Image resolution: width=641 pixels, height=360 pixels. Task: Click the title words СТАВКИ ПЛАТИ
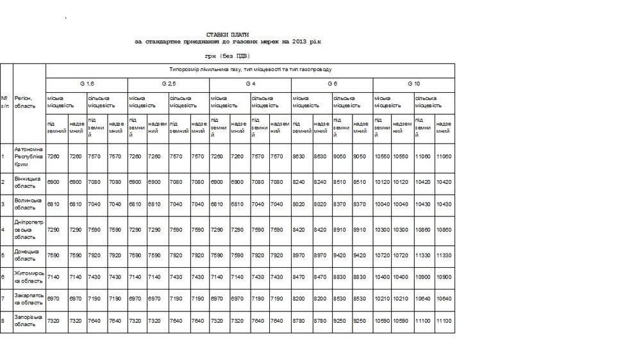(x=228, y=34)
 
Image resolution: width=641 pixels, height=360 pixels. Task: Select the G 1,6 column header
(x=87, y=85)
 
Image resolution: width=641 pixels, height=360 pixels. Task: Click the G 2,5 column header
(x=169, y=85)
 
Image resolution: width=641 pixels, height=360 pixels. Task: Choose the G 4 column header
(x=251, y=85)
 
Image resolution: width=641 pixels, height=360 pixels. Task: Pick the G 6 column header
(x=332, y=85)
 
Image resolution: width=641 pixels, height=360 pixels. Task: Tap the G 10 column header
(x=413, y=85)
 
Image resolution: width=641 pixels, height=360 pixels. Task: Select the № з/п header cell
(x=6, y=102)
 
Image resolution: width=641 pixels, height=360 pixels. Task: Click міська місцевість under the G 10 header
(x=388, y=102)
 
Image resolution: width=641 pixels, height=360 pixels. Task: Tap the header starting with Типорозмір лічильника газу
(x=250, y=68)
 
